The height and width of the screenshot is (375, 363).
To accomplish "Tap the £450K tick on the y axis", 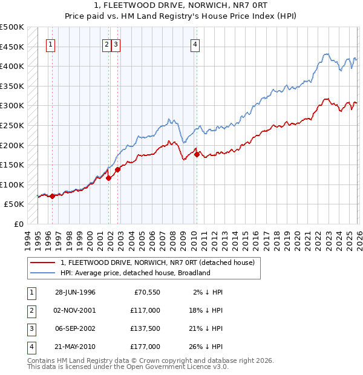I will (x=12, y=47).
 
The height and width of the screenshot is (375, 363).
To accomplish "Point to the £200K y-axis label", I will (x=12, y=145).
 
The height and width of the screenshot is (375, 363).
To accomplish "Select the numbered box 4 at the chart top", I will (x=195, y=44).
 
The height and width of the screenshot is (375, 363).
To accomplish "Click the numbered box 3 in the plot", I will (x=116, y=44).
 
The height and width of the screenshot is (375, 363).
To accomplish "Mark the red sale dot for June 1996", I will (x=53, y=196).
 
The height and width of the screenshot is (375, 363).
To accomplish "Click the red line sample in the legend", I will (x=43, y=262).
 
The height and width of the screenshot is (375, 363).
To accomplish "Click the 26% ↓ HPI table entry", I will (x=205, y=347).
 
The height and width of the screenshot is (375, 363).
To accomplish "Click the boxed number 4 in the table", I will (x=30, y=347).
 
